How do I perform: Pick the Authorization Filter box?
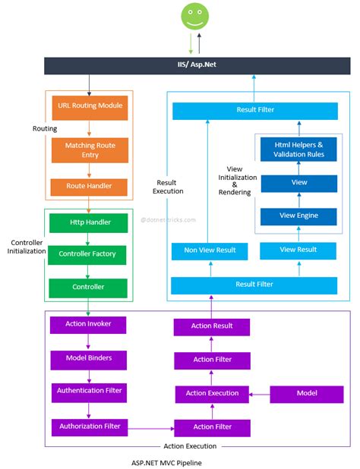pyautogui.click(x=89, y=426)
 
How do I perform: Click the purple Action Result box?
pyautogui.click(x=212, y=326)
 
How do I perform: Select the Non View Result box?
pyautogui.click(x=210, y=250)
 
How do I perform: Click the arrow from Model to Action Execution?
pyautogui.click(x=261, y=394)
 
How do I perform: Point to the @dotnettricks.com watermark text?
pyautogui.click(x=168, y=220)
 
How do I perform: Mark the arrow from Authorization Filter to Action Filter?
pyautogui.click(x=151, y=427)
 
